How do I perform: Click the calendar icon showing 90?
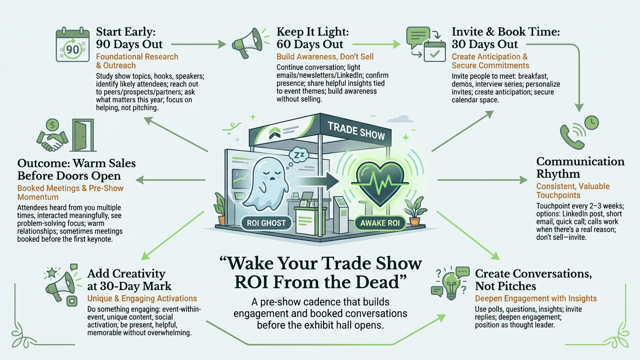[73, 45]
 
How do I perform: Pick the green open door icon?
[83, 135]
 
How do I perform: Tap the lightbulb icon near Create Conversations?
[451, 285]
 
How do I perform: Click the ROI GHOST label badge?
[266, 223]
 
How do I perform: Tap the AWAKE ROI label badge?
[380, 223]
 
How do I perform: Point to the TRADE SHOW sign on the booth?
[356, 131]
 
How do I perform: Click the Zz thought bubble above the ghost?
[299, 156]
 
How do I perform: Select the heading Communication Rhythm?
[580, 167]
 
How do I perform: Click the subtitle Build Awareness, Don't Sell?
[325, 57]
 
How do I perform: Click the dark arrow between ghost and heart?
[317, 181]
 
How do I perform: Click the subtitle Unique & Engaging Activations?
[142, 299]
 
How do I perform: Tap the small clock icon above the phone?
[591, 123]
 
